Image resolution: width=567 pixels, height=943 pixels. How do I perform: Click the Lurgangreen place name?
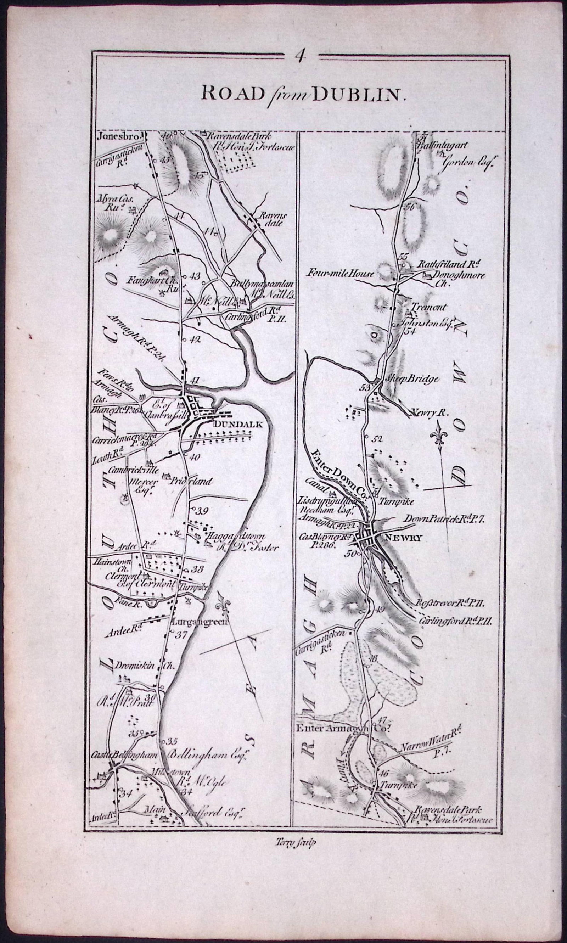point(200,621)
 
